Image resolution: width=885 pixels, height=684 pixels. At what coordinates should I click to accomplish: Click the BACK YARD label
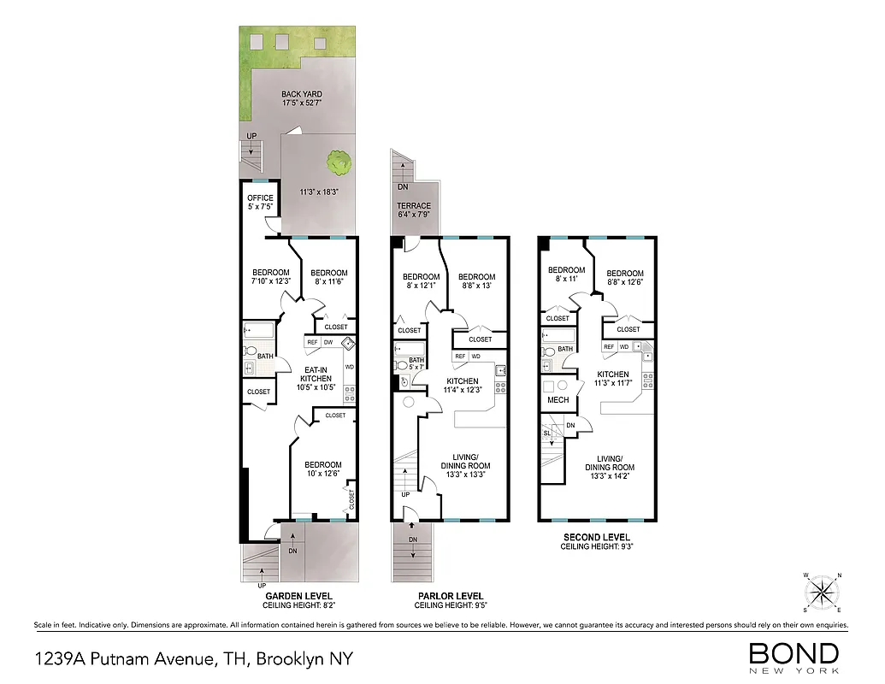[302, 99]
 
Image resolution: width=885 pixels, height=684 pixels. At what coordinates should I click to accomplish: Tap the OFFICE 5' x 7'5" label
[260, 203]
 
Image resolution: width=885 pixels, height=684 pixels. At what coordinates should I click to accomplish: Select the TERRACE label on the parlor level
[413, 210]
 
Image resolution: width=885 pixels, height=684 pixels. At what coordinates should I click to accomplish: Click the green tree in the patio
[339, 160]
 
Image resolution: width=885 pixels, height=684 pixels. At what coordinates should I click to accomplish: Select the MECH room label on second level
[558, 399]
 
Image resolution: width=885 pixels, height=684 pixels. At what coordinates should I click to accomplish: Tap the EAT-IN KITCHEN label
[316, 378]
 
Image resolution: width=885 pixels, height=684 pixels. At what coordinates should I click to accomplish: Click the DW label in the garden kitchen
[328, 343]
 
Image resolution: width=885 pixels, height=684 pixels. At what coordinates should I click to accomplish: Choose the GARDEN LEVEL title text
[298, 596]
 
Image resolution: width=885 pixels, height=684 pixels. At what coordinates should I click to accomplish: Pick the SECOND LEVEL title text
[596, 537]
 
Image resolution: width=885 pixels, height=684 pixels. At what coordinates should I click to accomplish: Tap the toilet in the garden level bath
[250, 351]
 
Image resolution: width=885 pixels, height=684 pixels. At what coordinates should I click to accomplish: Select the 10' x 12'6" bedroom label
[323, 469]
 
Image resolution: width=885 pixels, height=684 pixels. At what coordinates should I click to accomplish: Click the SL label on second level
[547, 433]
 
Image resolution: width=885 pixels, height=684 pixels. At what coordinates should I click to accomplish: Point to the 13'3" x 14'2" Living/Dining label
[609, 468]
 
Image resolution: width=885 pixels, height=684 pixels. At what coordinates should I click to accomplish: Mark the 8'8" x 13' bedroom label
[476, 281]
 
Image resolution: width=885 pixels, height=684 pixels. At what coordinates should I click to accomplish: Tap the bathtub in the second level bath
[553, 336]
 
